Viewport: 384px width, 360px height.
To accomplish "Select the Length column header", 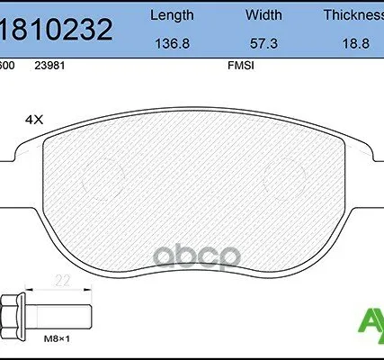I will [x=170, y=15].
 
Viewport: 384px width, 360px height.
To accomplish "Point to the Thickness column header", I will [x=353, y=15].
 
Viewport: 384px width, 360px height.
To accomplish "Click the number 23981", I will [x=49, y=65].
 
